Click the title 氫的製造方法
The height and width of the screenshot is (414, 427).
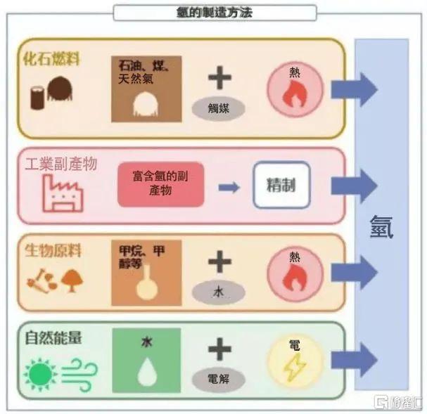[x=214, y=13]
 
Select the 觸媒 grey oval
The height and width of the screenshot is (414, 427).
[x=219, y=108]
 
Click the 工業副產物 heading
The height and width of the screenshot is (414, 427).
[x=60, y=164]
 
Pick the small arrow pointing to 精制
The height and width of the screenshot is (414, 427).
[x=227, y=187]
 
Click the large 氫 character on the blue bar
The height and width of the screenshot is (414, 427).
[x=382, y=226]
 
